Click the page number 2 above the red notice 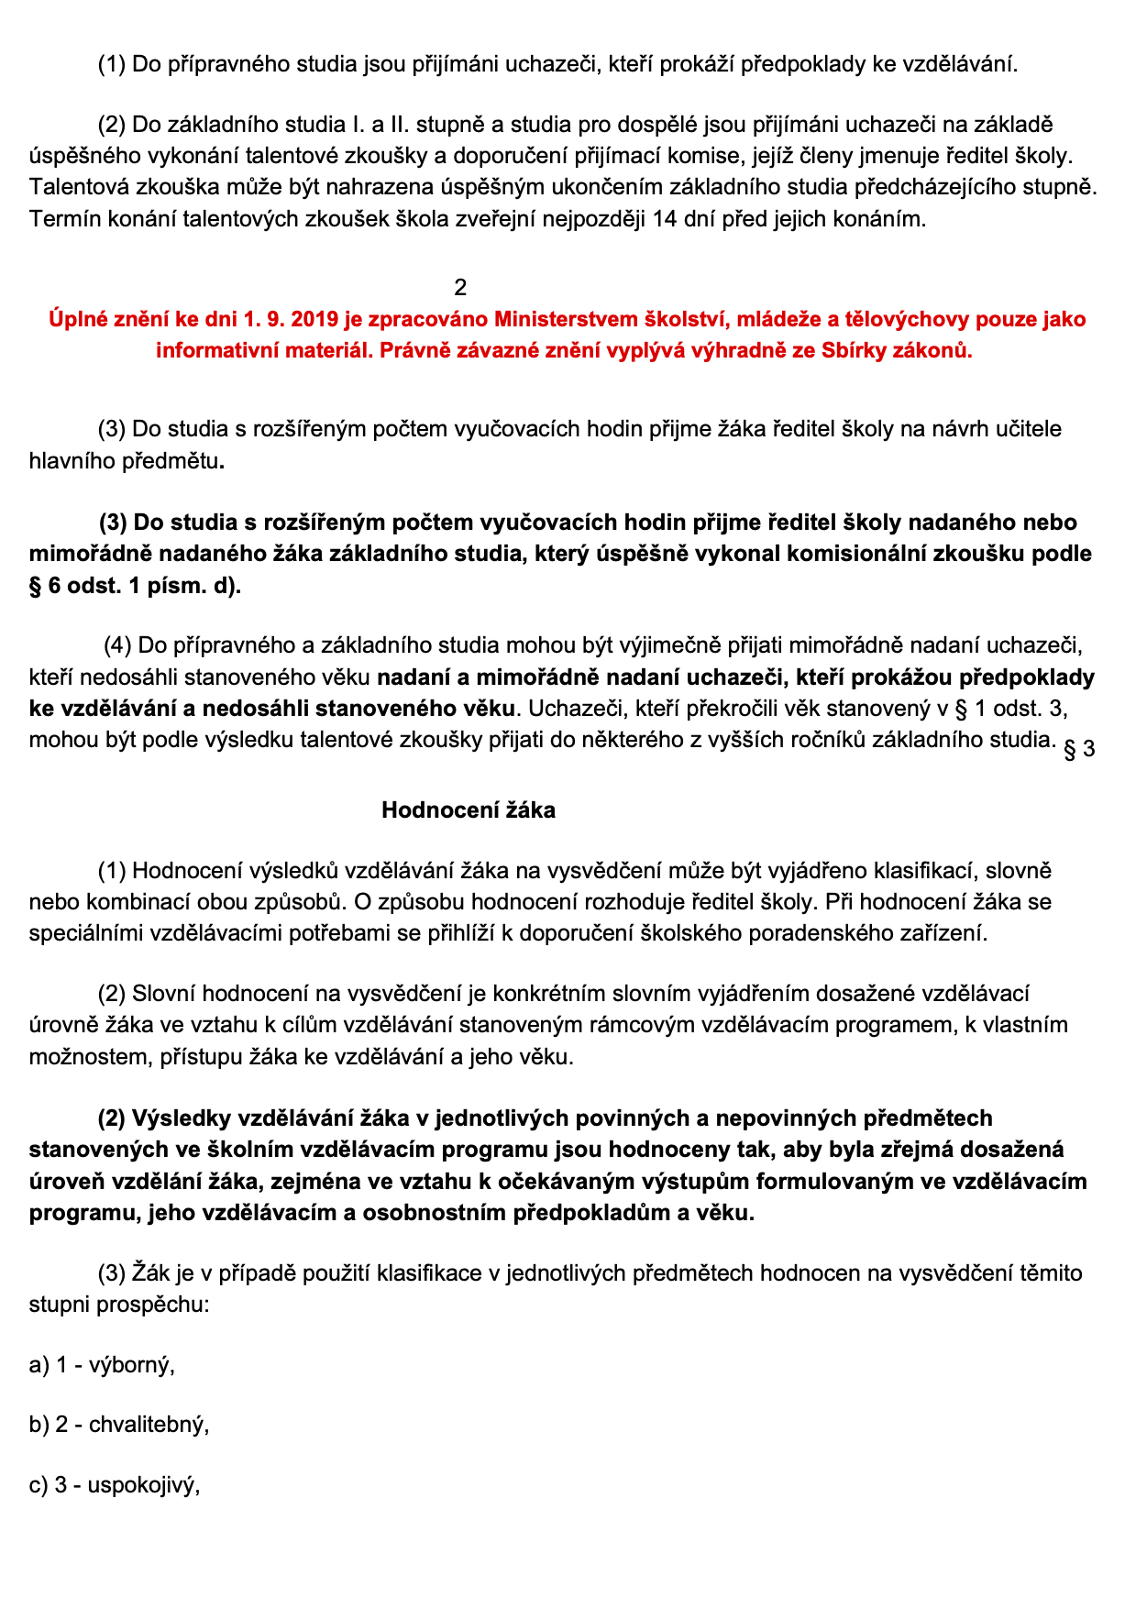(x=460, y=288)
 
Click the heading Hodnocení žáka (x=468, y=810)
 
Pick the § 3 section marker (x=1078, y=750)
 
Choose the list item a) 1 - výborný (x=102, y=1365)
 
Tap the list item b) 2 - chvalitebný (x=119, y=1425)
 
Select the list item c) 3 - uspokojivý (x=115, y=1485)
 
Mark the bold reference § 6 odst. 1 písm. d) (x=135, y=586)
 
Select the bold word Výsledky (x=181, y=1118)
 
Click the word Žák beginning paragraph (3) (x=152, y=1273)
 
